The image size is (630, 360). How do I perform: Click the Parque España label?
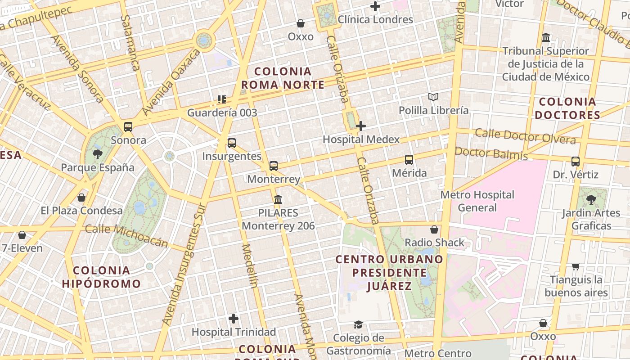point(98,167)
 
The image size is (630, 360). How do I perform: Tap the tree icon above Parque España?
point(97,155)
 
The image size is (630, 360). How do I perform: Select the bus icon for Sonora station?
point(128,127)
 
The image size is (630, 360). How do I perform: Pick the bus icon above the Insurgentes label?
point(232,143)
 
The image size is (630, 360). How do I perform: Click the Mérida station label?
point(409,173)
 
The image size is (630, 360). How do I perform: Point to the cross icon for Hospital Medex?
point(360,126)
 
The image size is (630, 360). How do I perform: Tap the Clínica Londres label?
point(375,19)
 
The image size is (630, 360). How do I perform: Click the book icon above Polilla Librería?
point(433,97)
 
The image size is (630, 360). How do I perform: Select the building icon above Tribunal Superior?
point(546,37)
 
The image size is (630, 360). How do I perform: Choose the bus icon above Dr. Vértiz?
point(575,162)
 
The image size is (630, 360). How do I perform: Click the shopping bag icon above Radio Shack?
point(434,230)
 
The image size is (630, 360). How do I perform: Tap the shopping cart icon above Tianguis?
point(576,267)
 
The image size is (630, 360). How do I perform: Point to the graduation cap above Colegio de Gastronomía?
point(358,324)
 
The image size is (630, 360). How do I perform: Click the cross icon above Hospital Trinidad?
point(234,319)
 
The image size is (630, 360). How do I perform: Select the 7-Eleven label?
point(22,248)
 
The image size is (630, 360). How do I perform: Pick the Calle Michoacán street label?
point(126,236)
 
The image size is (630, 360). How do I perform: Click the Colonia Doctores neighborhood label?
point(567,108)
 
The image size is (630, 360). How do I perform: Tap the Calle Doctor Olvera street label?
point(525,136)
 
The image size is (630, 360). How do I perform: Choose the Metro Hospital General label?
point(477,201)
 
